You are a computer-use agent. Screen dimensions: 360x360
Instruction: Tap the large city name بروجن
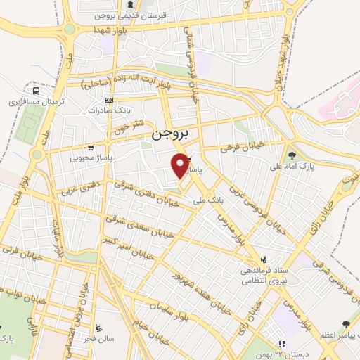[x=169, y=133]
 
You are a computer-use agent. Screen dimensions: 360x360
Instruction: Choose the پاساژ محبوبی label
[x=86, y=157]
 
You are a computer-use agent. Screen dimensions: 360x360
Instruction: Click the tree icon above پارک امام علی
[x=292, y=155]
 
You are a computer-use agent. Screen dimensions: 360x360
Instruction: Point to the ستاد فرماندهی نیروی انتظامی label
[x=264, y=276]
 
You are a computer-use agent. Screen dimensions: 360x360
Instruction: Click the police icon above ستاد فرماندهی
[x=264, y=259]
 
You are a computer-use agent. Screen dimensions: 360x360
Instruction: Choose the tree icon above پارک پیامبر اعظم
[x=345, y=324]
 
